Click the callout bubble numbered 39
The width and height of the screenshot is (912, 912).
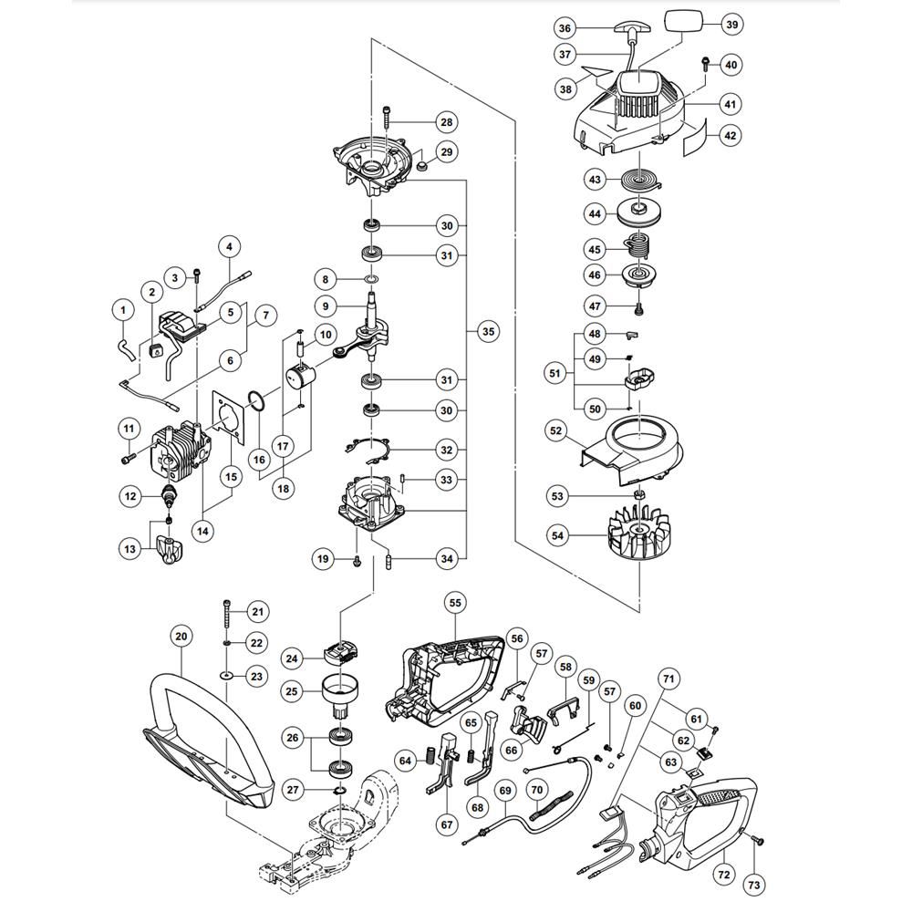click(x=731, y=25)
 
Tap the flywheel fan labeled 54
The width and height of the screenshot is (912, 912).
click(x=638, y=531)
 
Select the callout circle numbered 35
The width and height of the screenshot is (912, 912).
click(x=488, y=332)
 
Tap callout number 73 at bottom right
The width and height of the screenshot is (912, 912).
click(x=753, y=886)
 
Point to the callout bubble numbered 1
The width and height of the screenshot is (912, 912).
click(x=123, y=310)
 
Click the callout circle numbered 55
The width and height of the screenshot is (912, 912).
click(x=455, y=603)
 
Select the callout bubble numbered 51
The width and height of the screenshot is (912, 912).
click(x=554, y=372)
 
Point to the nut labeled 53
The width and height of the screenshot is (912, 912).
click(x=639, y=495)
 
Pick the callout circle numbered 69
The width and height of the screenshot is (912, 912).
click(x=505, y=791)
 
